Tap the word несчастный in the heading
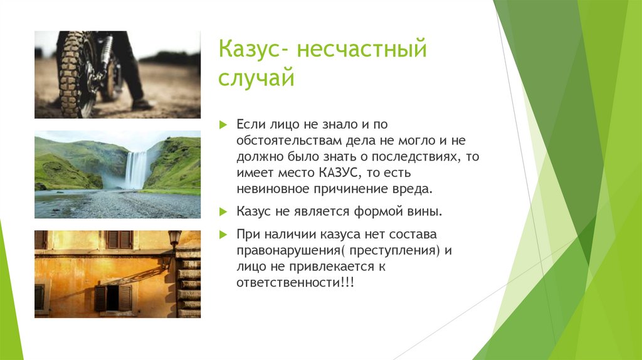[x=362, y=50]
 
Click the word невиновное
[x=270, y=188]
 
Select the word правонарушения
[x=281, y=251]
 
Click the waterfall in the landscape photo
[x=135, y=168]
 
